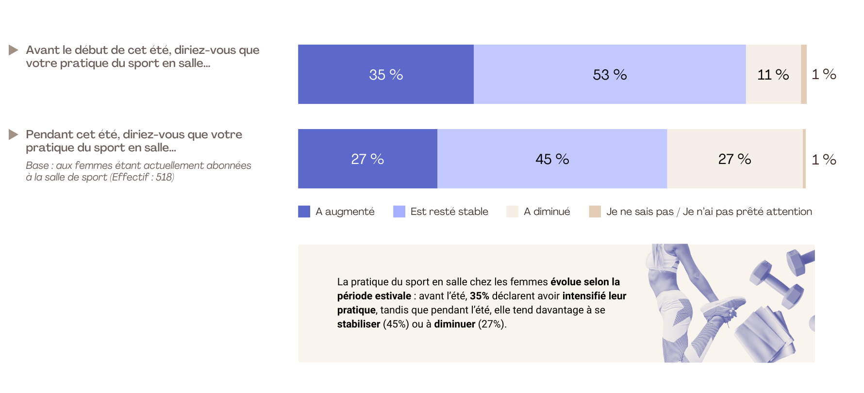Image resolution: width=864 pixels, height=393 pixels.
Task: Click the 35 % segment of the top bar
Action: (386, 74)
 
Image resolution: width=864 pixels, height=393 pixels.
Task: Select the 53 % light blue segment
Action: (610, 74)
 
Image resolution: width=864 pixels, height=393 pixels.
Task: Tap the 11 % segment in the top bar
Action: (773, 74)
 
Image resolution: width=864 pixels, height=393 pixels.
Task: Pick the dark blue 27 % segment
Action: (367, 159)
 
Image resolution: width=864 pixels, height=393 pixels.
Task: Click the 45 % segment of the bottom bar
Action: (552, 159)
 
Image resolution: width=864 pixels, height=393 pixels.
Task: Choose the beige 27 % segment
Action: (735, 159)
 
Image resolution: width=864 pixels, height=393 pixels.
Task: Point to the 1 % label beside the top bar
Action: (824, 74)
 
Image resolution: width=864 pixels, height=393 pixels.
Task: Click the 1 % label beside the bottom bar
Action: (824, 159)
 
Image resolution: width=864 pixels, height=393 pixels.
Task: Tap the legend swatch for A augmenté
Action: (304, 212)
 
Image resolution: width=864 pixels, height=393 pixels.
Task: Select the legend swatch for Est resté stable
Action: (399, 212)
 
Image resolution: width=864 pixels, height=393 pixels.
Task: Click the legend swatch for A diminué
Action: (512, 212)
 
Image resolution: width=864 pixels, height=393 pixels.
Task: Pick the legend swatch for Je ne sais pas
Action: (595, 212)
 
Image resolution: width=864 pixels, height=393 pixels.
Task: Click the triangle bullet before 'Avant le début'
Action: (14, 50)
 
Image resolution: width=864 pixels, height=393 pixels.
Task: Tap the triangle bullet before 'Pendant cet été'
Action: (14, 134)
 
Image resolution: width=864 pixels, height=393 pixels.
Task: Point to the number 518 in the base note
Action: (164, 177)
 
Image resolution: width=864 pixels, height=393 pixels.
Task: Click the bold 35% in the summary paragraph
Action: (479, 296)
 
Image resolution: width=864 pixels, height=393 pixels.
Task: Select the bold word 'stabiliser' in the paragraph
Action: (358, 324)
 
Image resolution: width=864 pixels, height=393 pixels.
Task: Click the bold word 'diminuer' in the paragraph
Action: (454, 324)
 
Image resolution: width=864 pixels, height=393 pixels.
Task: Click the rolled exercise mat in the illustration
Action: (764, 335)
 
